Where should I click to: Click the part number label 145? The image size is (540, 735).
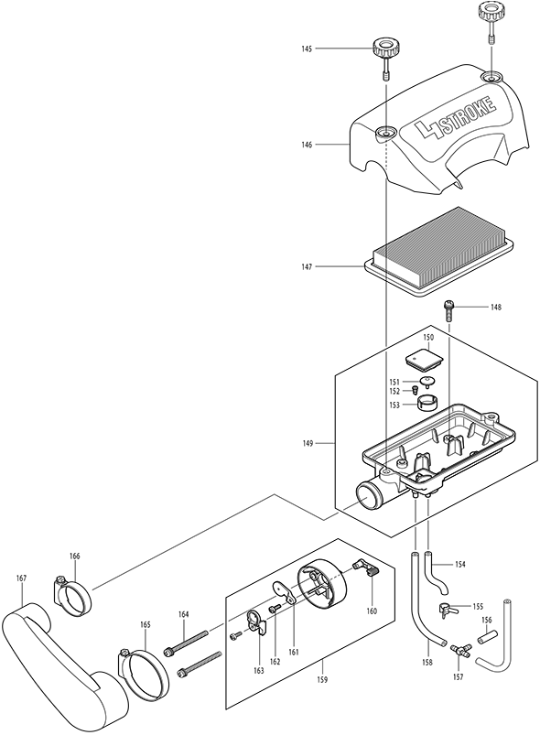[x=307, y=49]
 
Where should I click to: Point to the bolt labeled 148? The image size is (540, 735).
[x=448, y=310]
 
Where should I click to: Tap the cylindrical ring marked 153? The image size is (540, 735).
[x=427, y=403]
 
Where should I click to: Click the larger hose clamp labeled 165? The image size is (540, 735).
[x=143, y=672]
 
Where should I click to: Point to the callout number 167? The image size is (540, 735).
[x=21, y=578]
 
